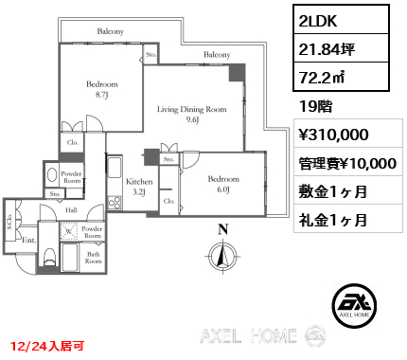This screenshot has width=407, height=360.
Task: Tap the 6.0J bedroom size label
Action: tap(225, 189)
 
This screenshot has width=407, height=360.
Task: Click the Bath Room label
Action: tap(95, 258)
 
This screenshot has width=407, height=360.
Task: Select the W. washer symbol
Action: tap(70, 230)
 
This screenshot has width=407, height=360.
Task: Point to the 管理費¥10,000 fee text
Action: tap(346, 163)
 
